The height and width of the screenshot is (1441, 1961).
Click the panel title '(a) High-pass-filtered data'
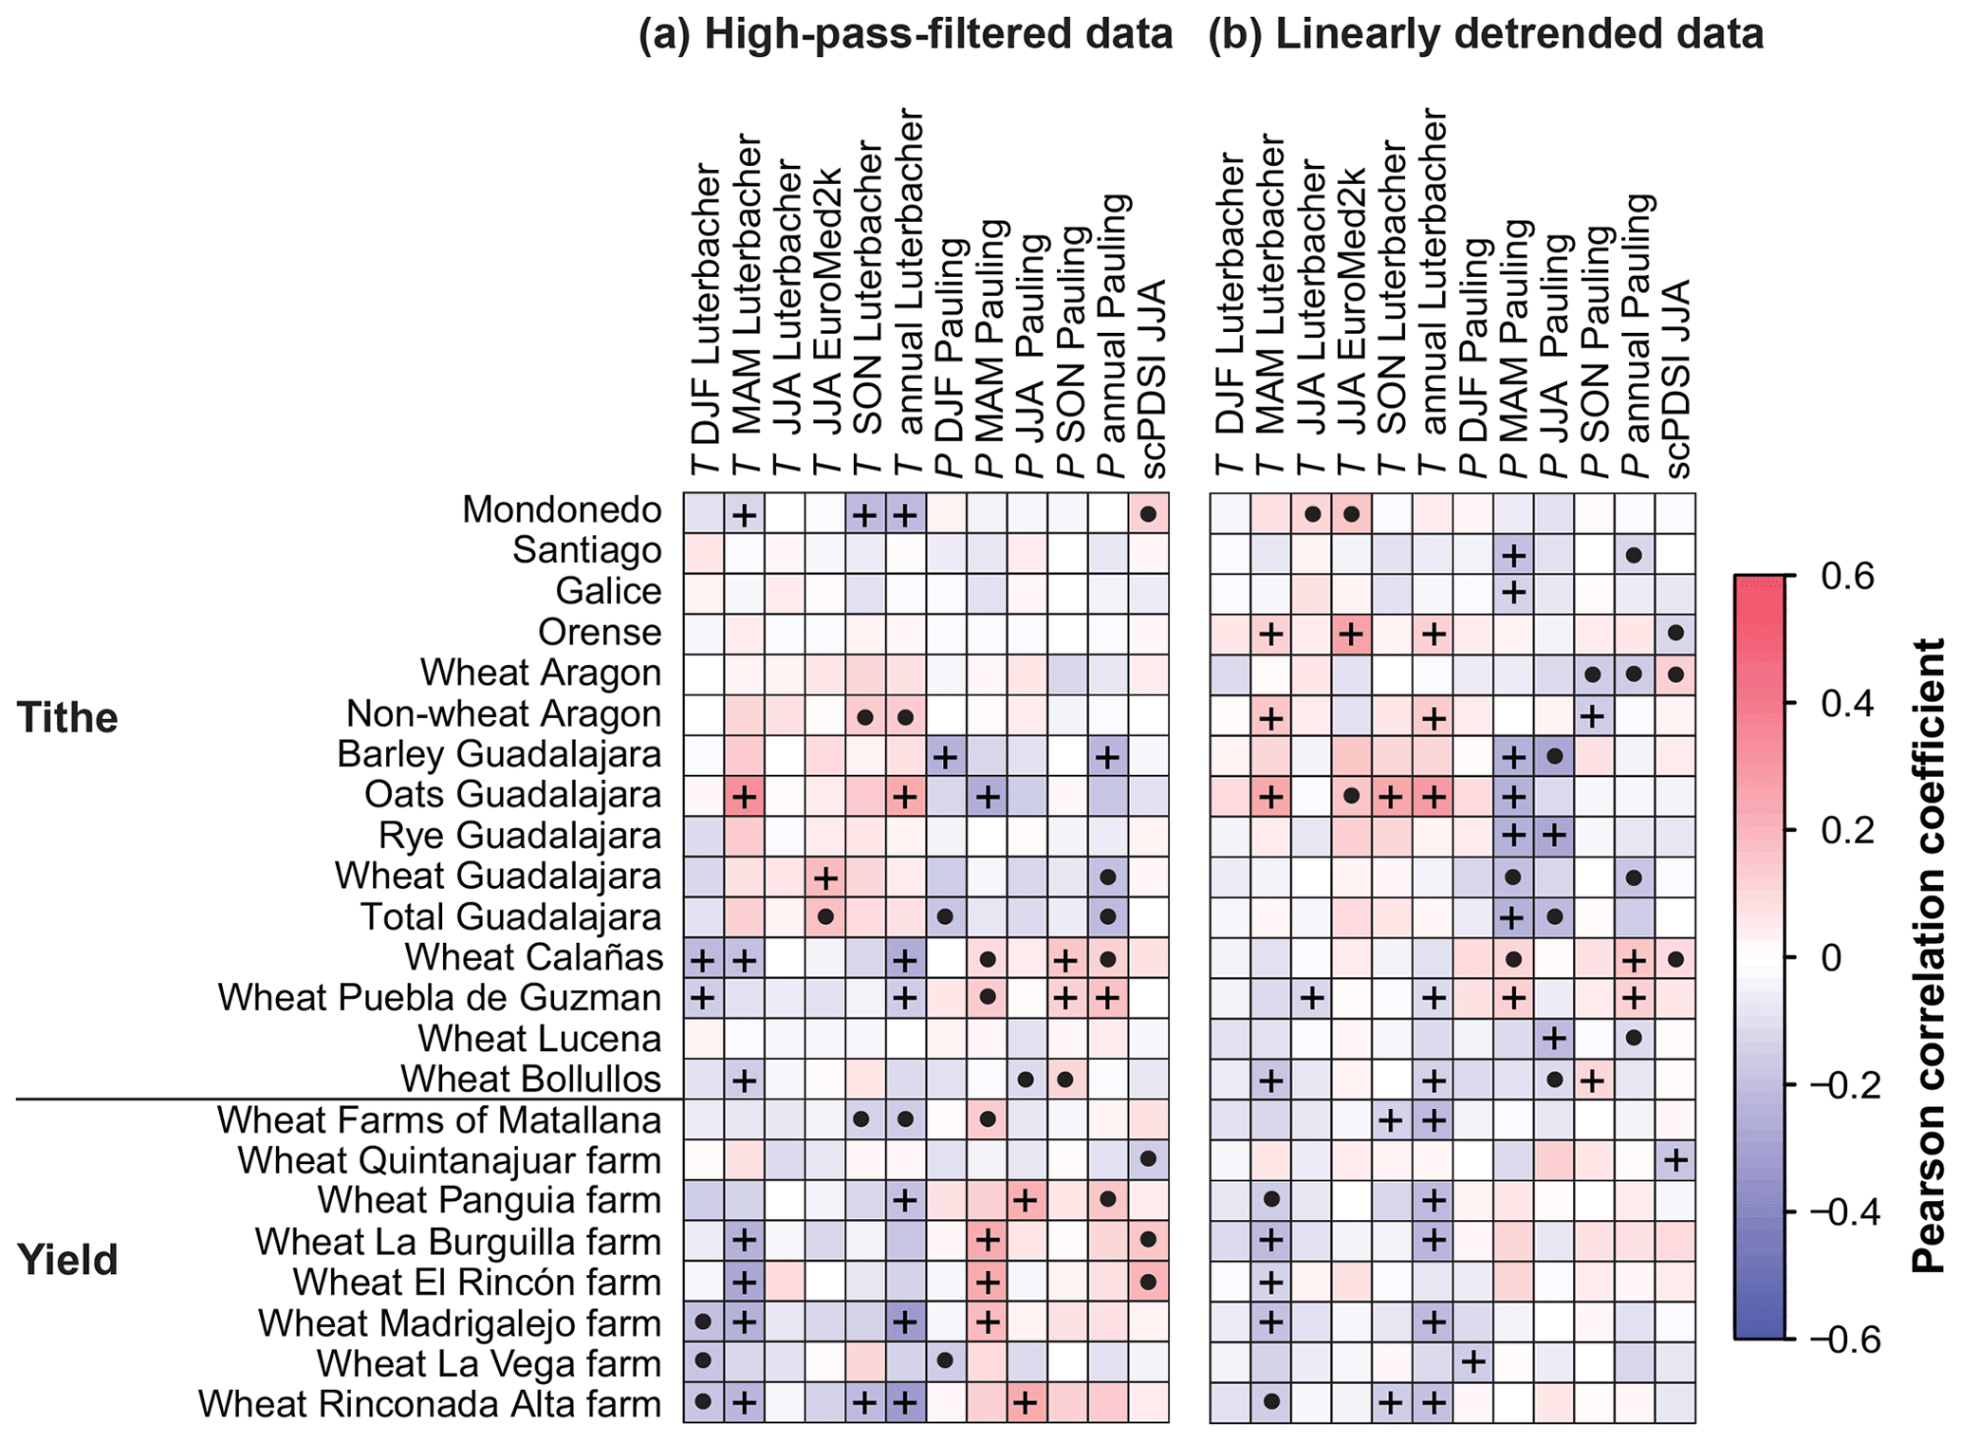coord(905,35)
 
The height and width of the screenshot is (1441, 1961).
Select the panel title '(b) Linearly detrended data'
coord(1486,35)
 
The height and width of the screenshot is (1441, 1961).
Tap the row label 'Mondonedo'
coord(562,510)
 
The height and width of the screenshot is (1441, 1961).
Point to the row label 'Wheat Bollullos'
coord(530,1080)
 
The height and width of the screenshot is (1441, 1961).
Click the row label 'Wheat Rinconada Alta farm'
coord(430,1405)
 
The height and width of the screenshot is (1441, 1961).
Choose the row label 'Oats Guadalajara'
coord(512,795)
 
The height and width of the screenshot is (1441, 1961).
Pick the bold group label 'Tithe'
coord(67,718)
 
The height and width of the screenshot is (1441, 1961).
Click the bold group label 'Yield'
coord(67,1261)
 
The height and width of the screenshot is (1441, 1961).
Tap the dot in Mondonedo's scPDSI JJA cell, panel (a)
coord(1148,514)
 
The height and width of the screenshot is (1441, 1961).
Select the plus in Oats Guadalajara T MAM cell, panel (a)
coord(745,798)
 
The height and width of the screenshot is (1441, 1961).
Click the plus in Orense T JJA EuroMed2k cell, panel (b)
coord(1352,634)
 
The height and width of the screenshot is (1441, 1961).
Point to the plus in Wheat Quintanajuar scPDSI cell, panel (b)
coord(1675,1161)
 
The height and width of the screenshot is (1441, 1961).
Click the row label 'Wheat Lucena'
coord(540,1039)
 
